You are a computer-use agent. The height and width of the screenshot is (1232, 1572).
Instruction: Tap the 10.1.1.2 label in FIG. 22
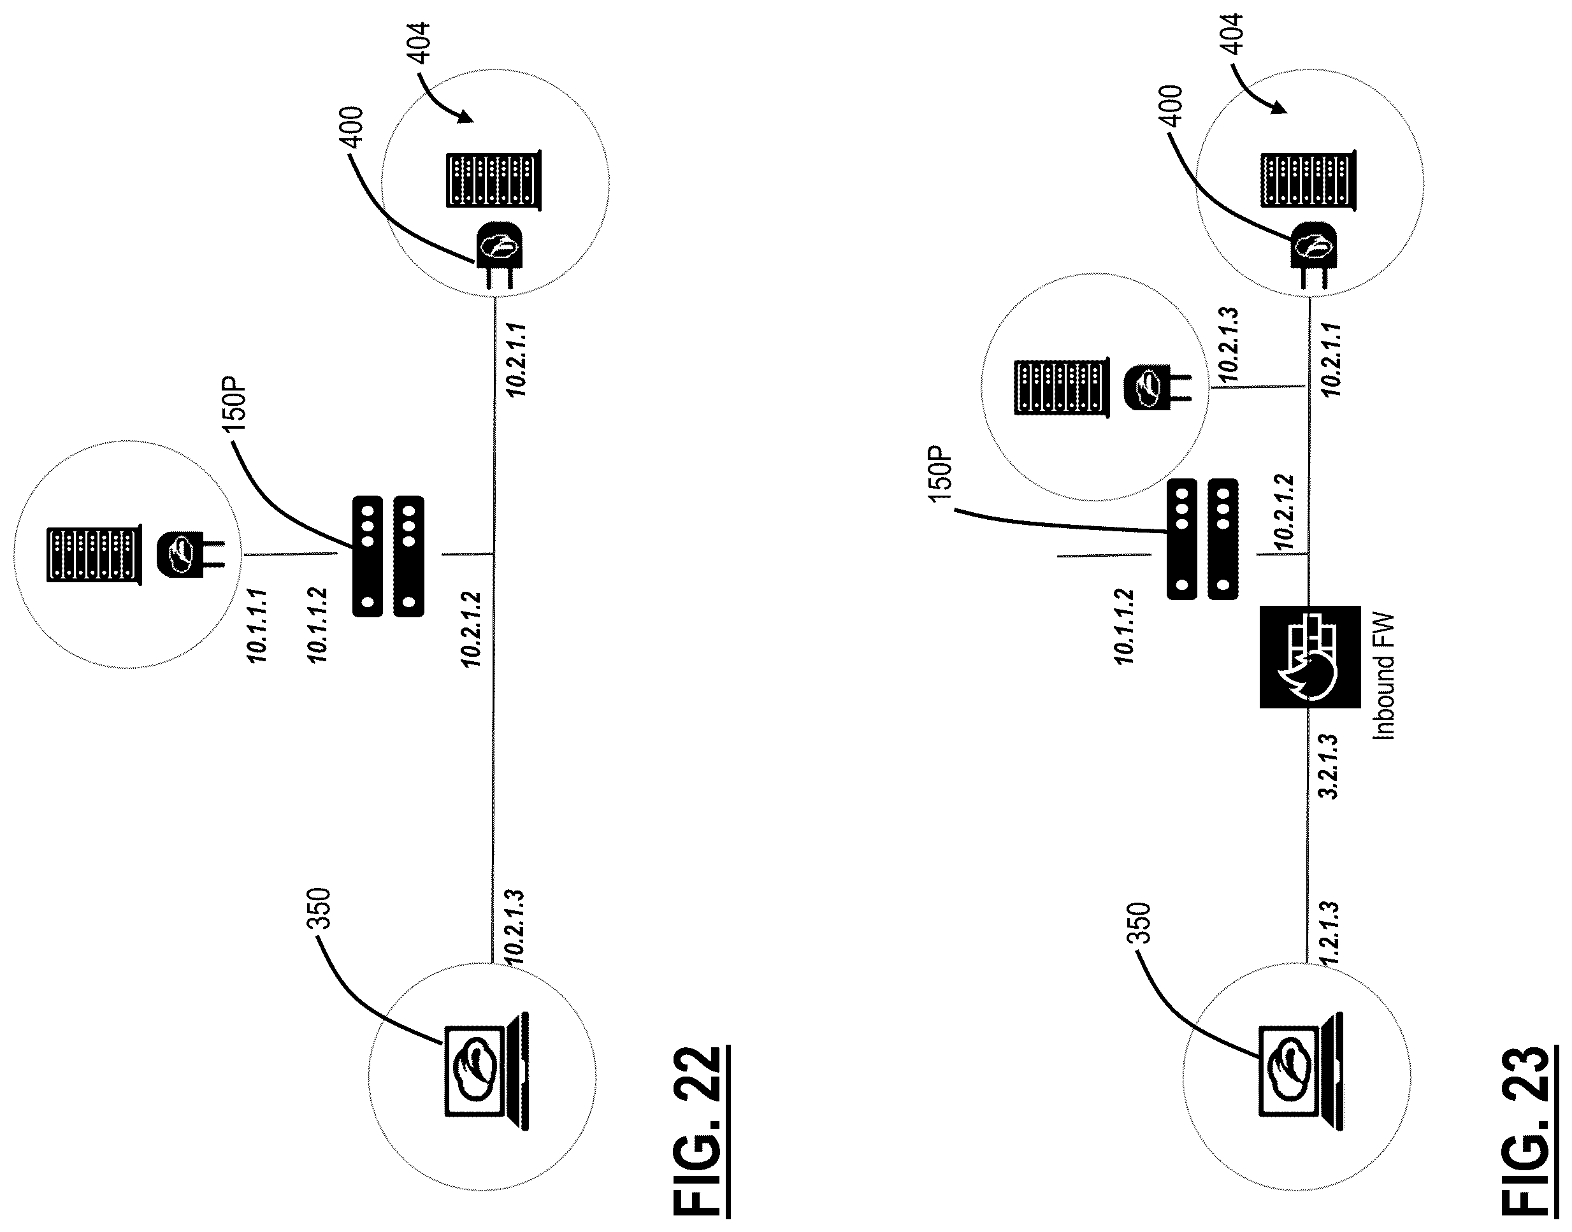coord(317,626)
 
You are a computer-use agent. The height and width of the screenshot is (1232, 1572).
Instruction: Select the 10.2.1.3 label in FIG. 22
coord(514,927)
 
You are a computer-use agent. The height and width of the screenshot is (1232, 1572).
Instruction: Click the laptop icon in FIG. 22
coord(486,1070)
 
